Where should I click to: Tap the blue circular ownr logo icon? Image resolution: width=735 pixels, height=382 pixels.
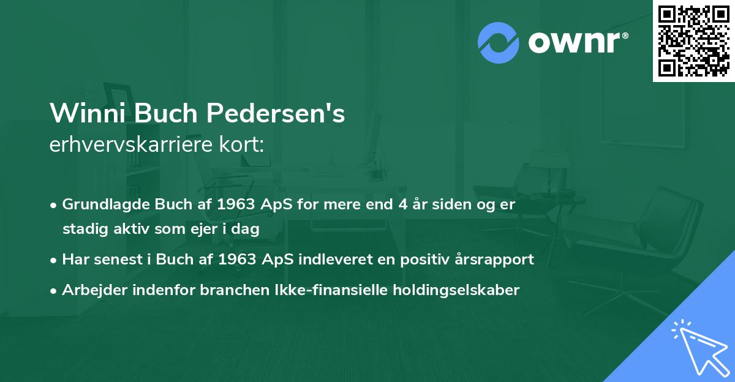click(499, 43)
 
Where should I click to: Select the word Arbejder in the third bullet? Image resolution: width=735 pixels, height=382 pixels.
click(89, 290)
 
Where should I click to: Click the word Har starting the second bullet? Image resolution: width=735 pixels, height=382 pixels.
click(75, 260)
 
